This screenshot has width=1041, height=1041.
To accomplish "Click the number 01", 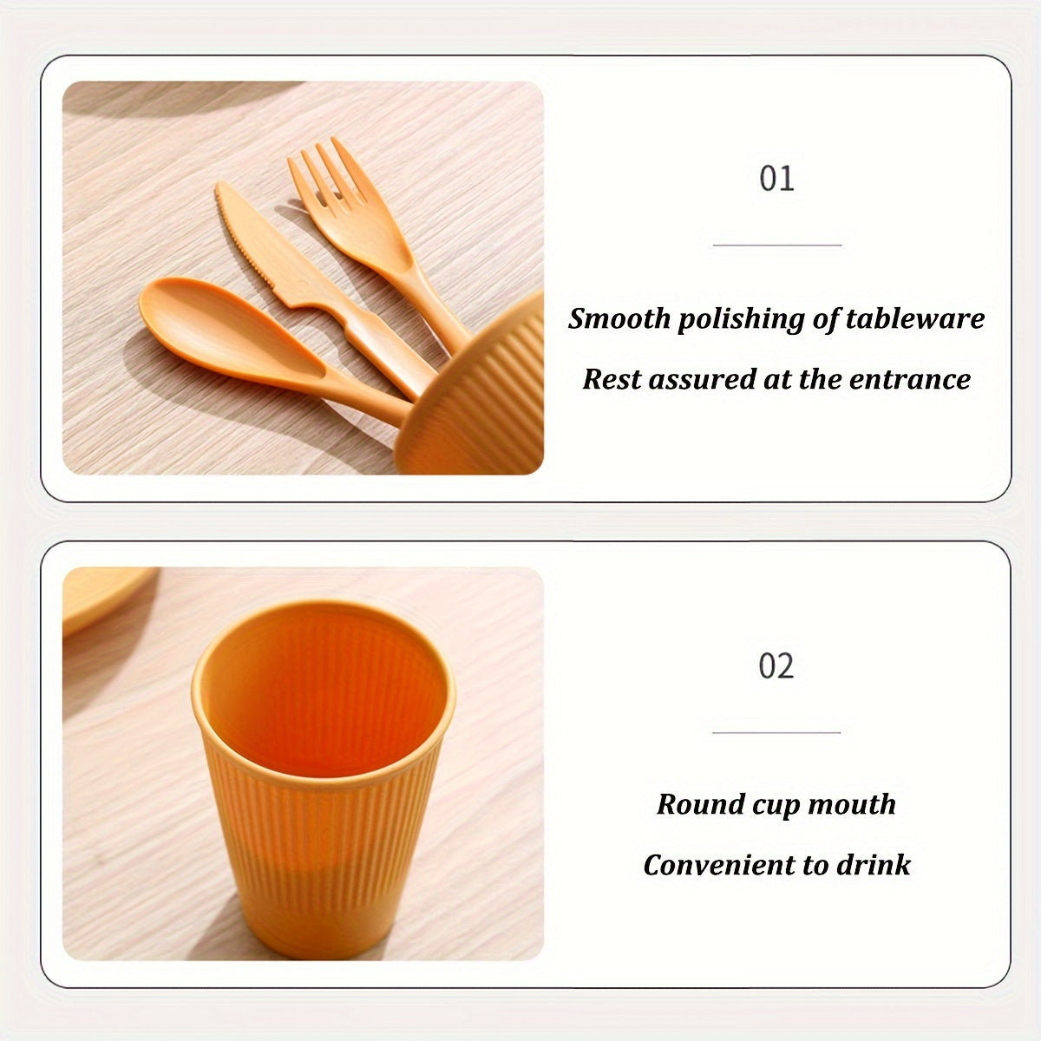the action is [776, 179].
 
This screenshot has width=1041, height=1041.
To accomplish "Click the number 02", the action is [776, 665].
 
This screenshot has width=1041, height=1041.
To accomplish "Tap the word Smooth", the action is [619, 318].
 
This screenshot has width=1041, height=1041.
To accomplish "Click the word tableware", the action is [915, 318].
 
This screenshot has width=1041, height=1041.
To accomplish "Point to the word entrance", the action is [910, 379].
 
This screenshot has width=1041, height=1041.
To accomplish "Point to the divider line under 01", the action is [776, 245].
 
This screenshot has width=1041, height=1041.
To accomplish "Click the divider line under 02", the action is [776, 732].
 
